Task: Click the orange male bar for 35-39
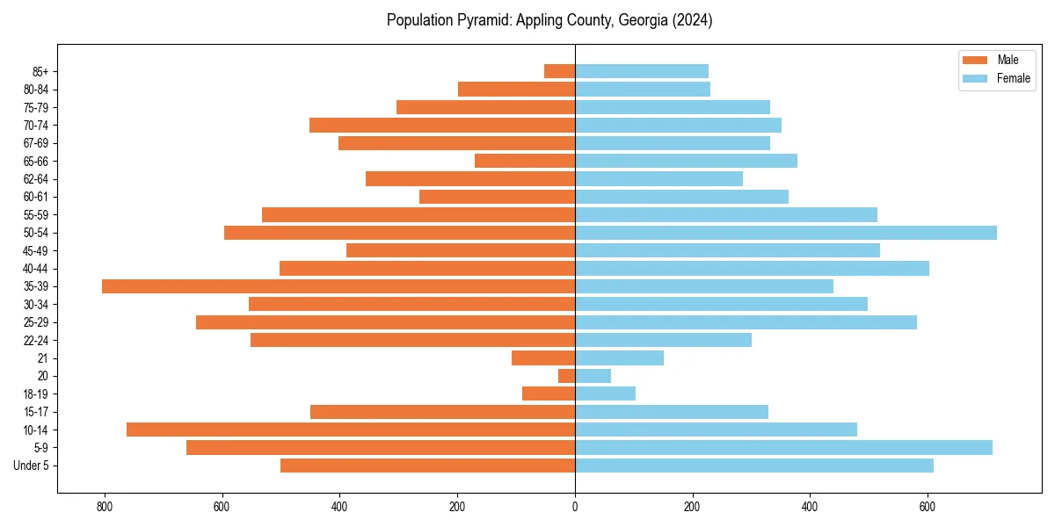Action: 338,286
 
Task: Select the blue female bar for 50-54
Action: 785,233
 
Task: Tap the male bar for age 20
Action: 566,376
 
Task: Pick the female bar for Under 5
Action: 753,466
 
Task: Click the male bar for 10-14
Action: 351,430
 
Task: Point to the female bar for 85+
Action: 641,71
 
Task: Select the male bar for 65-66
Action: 525,161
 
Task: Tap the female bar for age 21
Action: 619,358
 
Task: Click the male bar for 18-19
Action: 549,393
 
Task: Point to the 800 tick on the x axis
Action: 105,507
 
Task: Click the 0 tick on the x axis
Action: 575,507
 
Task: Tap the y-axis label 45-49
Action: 36,250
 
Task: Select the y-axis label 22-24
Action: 36,340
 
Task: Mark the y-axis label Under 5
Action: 32,466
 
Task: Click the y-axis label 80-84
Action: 36,90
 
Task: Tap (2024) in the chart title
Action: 693,20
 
